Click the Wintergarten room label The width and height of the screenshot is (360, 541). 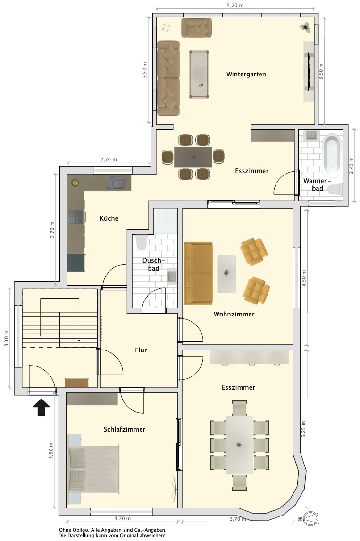(246, 74)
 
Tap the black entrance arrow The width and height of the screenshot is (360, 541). (42, 407)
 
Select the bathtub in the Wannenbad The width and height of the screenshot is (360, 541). (332, 154)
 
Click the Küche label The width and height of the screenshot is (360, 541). (109, 218)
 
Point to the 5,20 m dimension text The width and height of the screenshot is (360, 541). (235, 6)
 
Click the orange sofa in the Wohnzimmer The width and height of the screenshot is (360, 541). (198, 273)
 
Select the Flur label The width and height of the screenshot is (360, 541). (141, 350)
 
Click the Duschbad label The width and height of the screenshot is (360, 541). (154, 264)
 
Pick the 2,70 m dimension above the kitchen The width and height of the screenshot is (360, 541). (109, 160)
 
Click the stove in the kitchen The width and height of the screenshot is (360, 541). (76, 217)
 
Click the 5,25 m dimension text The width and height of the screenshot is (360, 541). (304, 430)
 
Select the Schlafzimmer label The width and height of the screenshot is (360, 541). (125, 429)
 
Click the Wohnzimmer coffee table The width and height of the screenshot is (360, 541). (226, 274)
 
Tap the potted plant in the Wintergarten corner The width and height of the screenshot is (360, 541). (305, 27)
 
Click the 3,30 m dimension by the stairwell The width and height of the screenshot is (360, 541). (6, 339)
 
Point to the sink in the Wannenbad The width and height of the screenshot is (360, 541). (312, 135)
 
